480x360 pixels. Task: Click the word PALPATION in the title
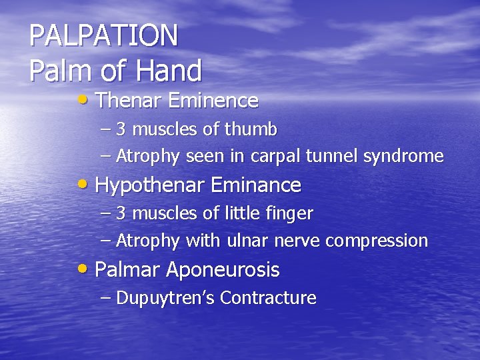point(104,36)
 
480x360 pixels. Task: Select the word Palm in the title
point(55,70)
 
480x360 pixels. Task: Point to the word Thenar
point(129,101)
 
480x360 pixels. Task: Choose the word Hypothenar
point(151,185)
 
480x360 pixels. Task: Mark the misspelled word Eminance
point(257,185)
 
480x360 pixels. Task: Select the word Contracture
point(268,298)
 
